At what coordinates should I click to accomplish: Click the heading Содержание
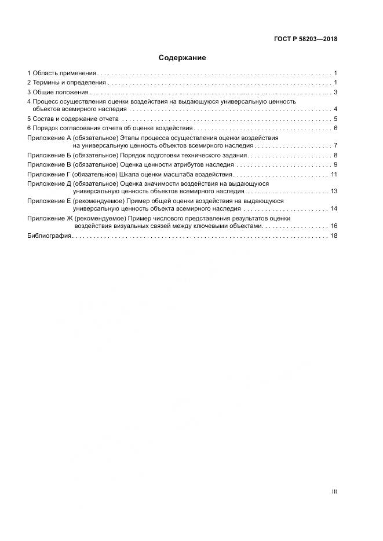click(182, 58)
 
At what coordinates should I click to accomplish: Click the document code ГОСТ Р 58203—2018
click(305, 39)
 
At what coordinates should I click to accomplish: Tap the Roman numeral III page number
click(334, 491)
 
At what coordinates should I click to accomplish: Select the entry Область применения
click(64, 73)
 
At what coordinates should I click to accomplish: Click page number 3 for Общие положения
click(335, 92)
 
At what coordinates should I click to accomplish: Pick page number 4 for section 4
click(335, 109)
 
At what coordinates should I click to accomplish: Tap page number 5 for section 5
click(335, 119)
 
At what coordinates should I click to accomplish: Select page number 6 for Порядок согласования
click(335, 128)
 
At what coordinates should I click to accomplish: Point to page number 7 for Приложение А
click(335, 146)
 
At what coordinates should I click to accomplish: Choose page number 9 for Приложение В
click(335, 165)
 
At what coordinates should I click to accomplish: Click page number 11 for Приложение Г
click(334, 174)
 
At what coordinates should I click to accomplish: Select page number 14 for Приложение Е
click(334, 208)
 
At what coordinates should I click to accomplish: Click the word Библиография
click(49, 235)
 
